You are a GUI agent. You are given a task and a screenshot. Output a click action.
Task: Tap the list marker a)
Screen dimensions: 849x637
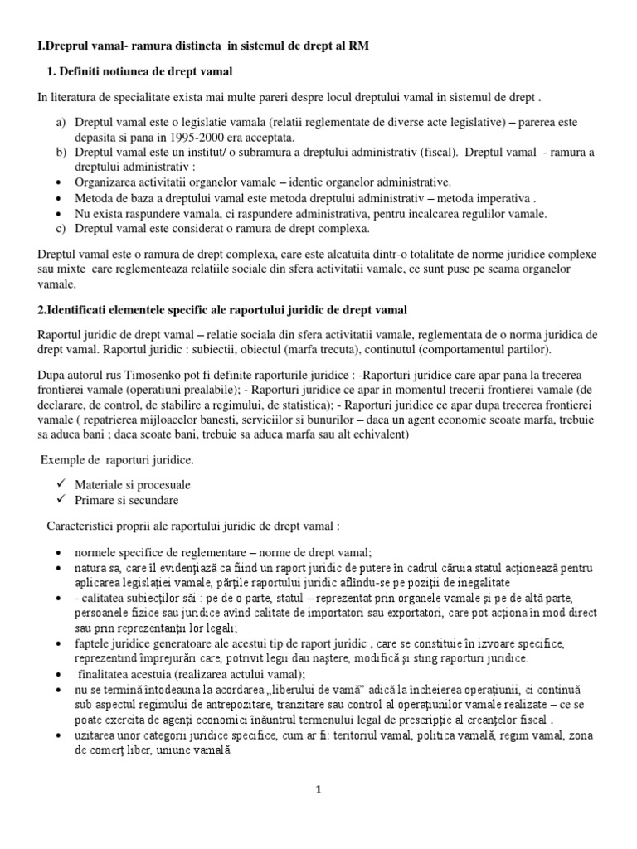tap(61, 123)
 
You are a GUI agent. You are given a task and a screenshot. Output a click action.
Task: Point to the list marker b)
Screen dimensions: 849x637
tap(61, 153)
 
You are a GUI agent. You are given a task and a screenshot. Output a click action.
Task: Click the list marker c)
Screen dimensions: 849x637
tap(61, 228)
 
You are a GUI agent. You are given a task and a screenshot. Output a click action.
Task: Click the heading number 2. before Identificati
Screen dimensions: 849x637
tap(42, 310)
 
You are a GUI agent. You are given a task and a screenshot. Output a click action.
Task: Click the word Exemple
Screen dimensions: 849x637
tap(63, 459)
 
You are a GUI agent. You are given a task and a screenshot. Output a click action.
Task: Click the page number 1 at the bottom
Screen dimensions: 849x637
tap(318, 790)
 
